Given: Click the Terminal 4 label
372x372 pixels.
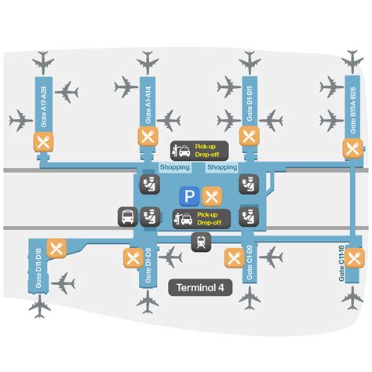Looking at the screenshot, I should (201, 287).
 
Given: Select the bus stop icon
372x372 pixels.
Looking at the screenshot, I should (126, 217).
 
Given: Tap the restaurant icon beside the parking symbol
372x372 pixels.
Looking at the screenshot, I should (211, 195).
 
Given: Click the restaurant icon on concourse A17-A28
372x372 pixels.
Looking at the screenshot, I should (42, 142).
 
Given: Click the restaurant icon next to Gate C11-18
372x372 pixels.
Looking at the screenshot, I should (357, 257).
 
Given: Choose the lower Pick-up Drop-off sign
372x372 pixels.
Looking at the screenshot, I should (199, 217).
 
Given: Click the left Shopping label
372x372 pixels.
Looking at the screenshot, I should (174, 167).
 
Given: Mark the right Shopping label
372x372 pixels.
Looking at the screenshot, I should (222, 167).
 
